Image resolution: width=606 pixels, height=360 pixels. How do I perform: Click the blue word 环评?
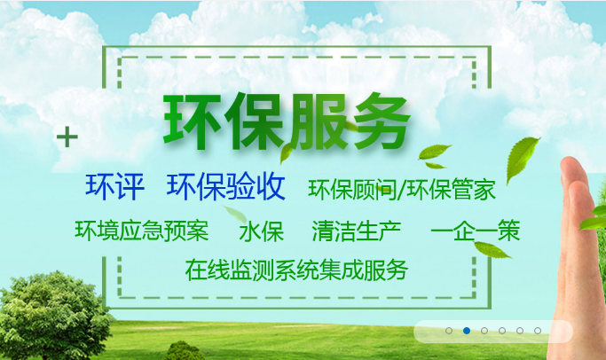tap(114, 186)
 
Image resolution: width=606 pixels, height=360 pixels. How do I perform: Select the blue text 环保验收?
tap(226, 186)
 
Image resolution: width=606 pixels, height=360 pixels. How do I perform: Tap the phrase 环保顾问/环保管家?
tap(402, 189)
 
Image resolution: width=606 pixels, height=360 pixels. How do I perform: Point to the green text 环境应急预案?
tap(142, 231)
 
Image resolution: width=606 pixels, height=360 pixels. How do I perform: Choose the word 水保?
tap(261, 232)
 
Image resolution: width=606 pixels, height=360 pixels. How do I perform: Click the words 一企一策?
tap(476, 232)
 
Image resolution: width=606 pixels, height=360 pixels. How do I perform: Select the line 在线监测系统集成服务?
tap(296, 270)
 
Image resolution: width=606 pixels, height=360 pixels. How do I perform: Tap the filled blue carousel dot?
tap(467, 331)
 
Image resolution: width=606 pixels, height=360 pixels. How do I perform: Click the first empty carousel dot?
tap(449, 331)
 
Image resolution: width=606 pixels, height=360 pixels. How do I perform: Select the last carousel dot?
tap(538, 331)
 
